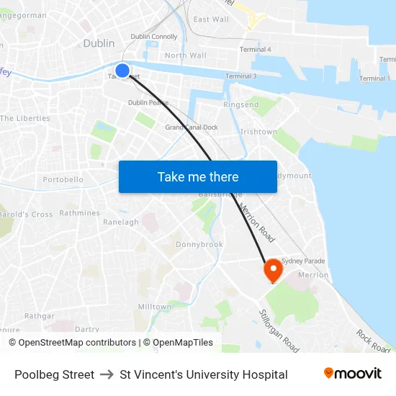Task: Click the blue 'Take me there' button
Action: [198, 177]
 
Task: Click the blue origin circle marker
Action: [122, 71]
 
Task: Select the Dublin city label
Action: [99, 43]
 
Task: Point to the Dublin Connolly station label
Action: [153, 37]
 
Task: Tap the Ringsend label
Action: [240, 105]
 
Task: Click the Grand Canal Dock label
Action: [192, 127]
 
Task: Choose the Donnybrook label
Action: [199, 245]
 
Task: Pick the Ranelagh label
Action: [121, 222]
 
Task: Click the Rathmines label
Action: [79, 213]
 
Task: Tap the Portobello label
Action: [63, 179]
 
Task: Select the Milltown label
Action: [155, 307]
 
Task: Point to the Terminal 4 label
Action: [255, 49]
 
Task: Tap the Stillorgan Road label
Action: [279, 331]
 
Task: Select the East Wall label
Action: [211, 19]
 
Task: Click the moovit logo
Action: [353, 374]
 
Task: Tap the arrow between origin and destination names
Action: [107, 374]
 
